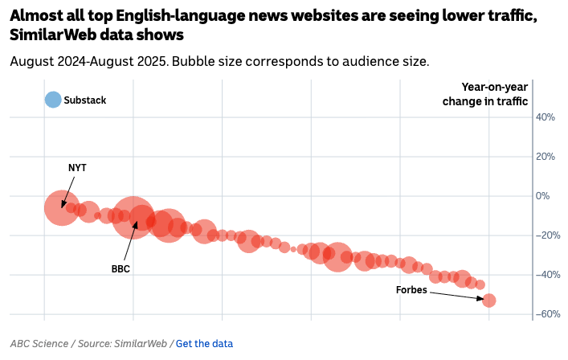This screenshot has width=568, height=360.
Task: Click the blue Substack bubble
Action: [53, 100]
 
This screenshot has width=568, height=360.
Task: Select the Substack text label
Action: [85, 100]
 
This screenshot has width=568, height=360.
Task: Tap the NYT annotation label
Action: [77, 168]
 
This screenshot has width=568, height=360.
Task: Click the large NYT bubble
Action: [61, 207]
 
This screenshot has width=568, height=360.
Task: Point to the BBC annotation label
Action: [121, 269]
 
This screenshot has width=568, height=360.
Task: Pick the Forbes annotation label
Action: [411, 290]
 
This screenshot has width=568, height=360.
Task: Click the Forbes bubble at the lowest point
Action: [488, 301]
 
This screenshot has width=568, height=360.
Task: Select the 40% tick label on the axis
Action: [546, 117]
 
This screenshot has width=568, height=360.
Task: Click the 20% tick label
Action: [546, 157]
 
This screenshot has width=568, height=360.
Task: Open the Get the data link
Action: [204, 344]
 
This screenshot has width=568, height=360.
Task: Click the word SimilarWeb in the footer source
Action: [142, 344]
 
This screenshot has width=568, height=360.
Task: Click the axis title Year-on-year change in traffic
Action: [485, 94]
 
